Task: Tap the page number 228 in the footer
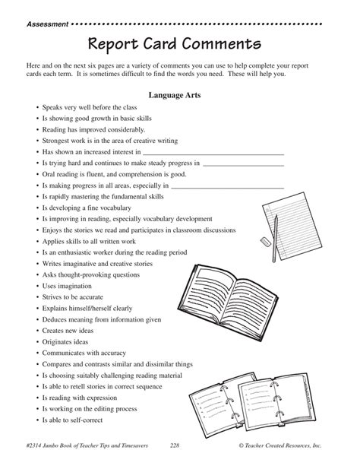coord(175,445)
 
